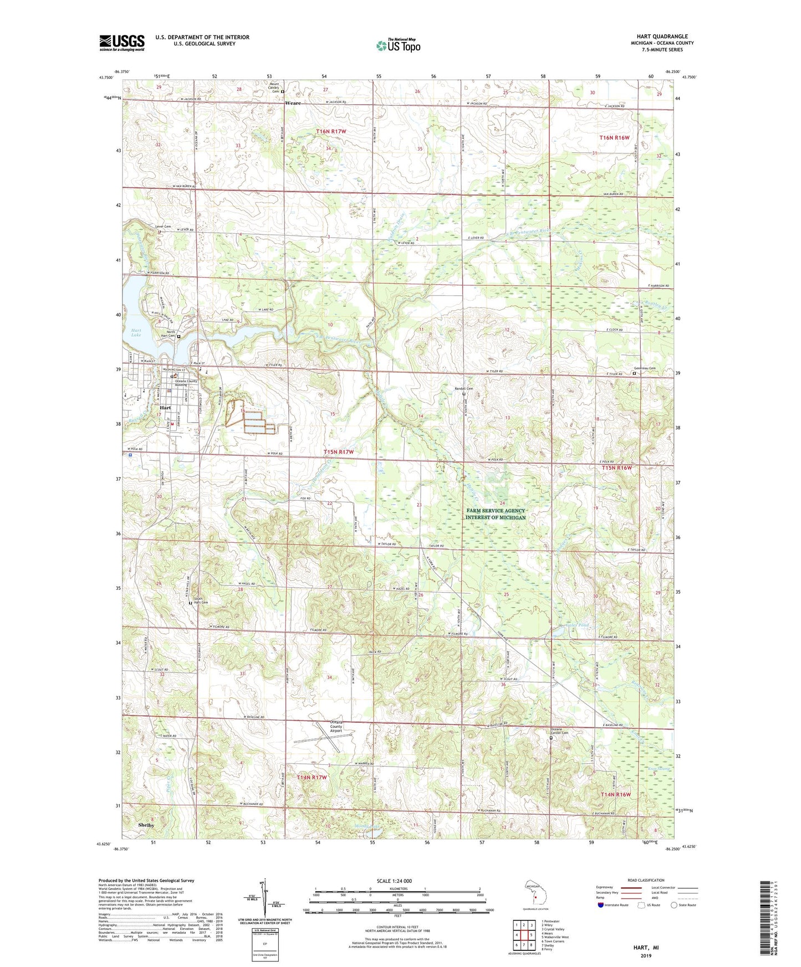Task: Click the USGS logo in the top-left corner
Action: click(121, 43)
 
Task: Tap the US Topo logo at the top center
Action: click(397, 46)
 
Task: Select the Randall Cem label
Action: click(463, 389)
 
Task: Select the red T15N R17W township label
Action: click(338, 452)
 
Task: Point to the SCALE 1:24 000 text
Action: click(394, 881)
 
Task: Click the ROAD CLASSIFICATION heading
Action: click(645, 880)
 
